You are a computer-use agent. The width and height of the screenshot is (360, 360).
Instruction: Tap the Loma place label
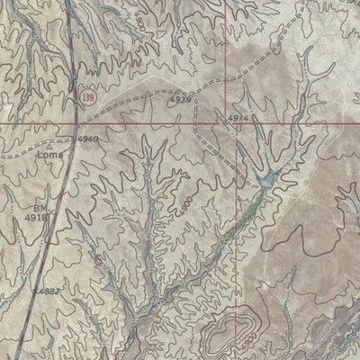tap(49, 155)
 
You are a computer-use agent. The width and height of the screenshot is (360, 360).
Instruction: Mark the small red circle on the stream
tap(98, 260)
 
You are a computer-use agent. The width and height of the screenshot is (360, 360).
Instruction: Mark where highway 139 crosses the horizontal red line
tap(75, 121)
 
